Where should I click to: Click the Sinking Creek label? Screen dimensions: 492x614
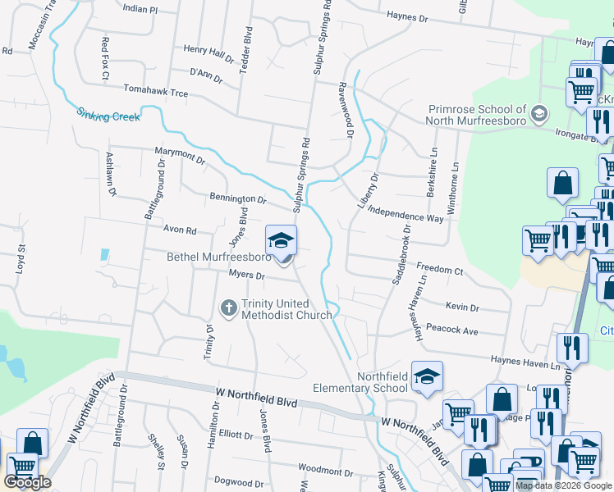tap(109, 114)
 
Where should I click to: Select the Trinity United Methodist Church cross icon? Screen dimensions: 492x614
tap(229, 308)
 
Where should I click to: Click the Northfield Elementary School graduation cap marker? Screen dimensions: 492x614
tap(427, 378)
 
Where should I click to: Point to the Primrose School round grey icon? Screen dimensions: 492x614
tap(539, 112)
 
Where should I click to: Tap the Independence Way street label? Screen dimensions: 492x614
tap(406, 213)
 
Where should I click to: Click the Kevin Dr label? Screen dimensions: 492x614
tap(462, 307)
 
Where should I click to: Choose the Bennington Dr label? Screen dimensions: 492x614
tap(238, 198)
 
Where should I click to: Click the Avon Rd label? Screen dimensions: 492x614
tap(181, 230)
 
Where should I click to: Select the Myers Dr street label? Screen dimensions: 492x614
tap(246, 275)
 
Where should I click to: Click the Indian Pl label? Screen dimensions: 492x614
tap(139, 9)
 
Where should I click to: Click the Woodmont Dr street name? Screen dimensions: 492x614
tap(325, 472)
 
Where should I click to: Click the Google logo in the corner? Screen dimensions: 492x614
tap(27, 482)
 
